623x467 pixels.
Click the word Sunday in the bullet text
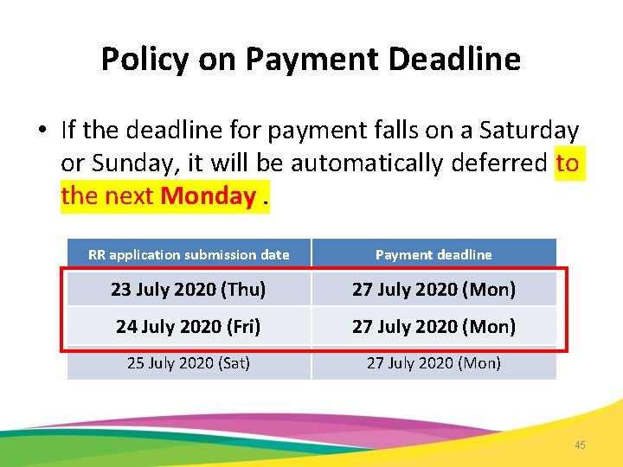(127, 163)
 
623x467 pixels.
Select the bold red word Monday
(208, 196)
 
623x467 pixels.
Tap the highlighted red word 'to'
(567, 163)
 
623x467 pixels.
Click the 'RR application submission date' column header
(189, 254)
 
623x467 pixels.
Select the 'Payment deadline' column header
(434, 254)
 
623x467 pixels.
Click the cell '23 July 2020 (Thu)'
(188, 290)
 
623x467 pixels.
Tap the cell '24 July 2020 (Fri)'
(188, 327)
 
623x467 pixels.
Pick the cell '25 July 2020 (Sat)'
(188, 363)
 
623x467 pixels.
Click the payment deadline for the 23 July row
(434, 290)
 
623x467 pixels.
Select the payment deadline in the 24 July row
(434, 327)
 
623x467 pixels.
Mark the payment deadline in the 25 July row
(434, 363)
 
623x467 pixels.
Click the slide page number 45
(580, 445)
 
